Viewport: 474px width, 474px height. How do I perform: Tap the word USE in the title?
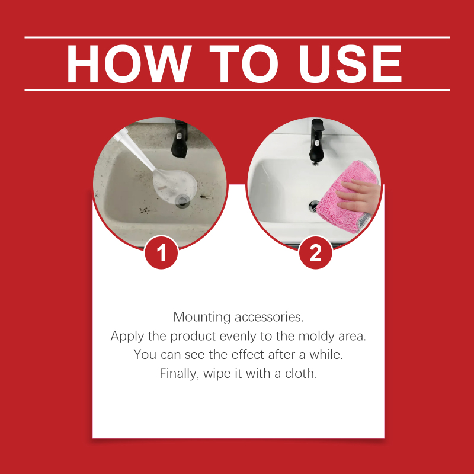(x=350, y=64)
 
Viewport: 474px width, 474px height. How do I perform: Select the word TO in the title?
(x=244, y=64)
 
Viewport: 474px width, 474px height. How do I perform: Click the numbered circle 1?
(x=161, y=252)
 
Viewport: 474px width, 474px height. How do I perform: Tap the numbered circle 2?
(x=315, y=252)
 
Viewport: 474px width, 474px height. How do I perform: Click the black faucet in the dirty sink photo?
(x=180, y=139)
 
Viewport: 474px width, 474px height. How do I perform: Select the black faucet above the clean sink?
(x=317, y=140)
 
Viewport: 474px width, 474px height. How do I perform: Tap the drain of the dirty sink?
(x=182, y=201)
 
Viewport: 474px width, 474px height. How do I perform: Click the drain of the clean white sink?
(x=313, y=206)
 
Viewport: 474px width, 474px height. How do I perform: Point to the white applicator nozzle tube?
(x=137, y=150)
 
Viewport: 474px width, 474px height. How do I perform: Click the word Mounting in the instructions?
(x=201, y=317)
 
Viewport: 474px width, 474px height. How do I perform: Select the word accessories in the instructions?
(x=269, y=317)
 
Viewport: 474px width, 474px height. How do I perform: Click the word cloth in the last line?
(x=301, y=374)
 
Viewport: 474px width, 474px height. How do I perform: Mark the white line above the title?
(x=237, y=37)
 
